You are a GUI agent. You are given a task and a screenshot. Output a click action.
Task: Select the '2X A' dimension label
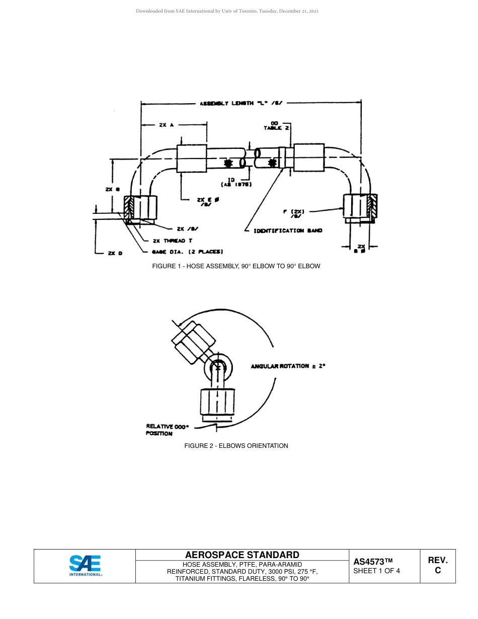(x=166, y=125)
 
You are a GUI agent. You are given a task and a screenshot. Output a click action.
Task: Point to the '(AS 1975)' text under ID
(x=236, y=185)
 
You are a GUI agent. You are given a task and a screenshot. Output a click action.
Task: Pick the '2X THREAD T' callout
(x=172, y=241)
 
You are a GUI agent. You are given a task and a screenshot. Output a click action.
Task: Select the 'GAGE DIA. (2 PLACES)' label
(x=187, y=252)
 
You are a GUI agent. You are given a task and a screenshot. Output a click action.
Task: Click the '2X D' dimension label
(x=115, y=253)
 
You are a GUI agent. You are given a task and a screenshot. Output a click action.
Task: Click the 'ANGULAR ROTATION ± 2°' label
(x=288, y=366)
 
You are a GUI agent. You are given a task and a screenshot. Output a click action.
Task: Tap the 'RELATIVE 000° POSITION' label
(x=167, y=430)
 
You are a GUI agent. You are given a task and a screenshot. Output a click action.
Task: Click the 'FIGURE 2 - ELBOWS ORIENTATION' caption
(x=236, y=445)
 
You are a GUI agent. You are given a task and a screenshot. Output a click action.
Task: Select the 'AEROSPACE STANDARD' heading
(x=242, y=555)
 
